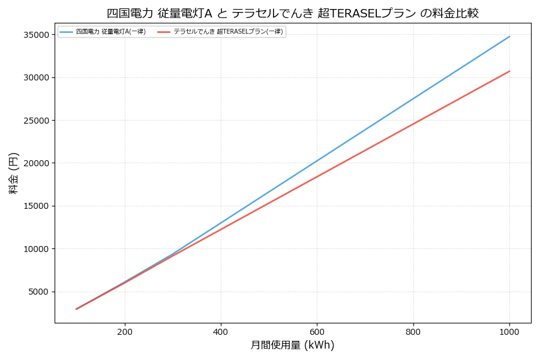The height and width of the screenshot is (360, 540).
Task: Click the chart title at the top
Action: pyautogui.click(x=292, y=13)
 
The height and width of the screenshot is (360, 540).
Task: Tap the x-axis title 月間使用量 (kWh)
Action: pyautogui.click(x=292, y=345)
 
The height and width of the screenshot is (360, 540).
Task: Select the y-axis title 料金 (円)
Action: pyautogui.click(x=13, y=173)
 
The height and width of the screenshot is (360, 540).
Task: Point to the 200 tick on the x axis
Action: pyautogui.click(x=125, y=331)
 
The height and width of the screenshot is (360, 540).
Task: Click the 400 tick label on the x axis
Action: pyautogui.click(x=221, y=331)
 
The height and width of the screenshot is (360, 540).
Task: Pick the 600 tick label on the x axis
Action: pyautogui.click(x=317, y=331)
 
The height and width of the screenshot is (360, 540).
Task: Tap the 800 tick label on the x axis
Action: pyautogui.click(x=413, y=331)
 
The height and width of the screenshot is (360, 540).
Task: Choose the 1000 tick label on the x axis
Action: pyautogui.click(x=509, y=331)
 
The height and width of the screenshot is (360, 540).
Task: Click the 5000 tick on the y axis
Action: pyautogui.click(x=37, y=292)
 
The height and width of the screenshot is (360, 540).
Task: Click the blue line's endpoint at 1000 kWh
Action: pyautogui.click(x=509, y=37)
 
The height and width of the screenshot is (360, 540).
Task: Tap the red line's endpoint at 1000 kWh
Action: pyautogui.click(x=509, y=71)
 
